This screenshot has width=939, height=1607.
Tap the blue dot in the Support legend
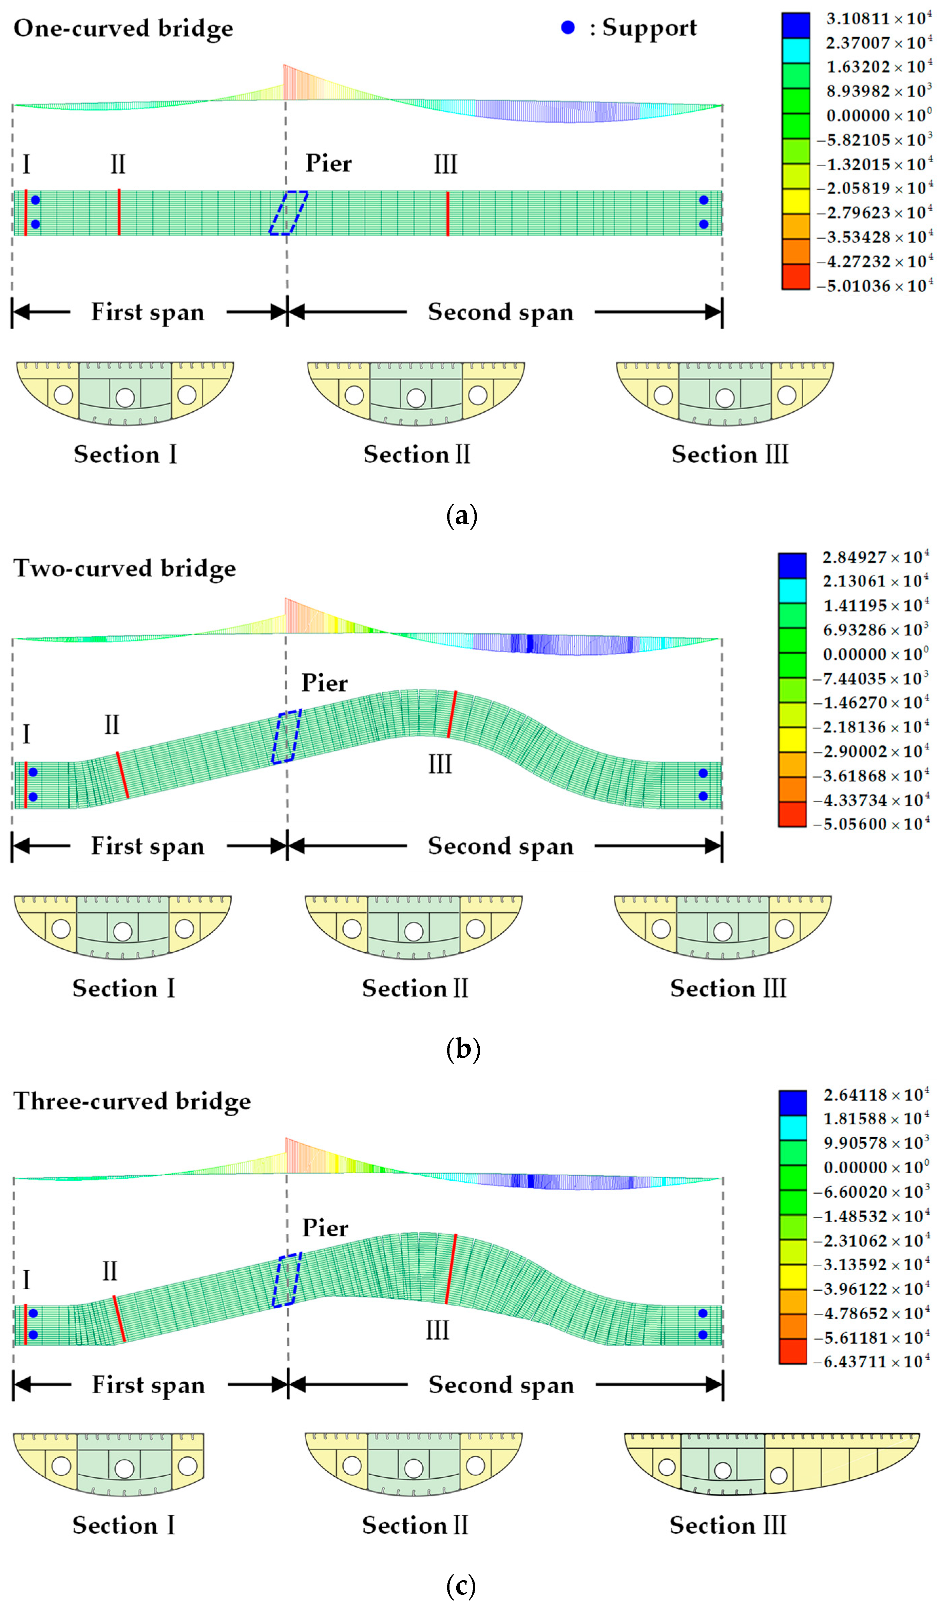pyautogui.click(x=567, y=27)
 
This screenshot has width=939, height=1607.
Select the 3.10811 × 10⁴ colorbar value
pyautogui.click(x=878, y=18)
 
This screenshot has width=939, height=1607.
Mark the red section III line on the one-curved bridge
pyautogui.click(x=447, y=213)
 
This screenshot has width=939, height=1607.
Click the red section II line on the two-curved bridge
pyautogui.click(x=122, y=775)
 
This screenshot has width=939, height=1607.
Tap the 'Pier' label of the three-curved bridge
pyautogui.click(x=325, y=1228)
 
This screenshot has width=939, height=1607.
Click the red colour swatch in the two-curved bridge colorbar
pyautogui.click(x=792, y=814)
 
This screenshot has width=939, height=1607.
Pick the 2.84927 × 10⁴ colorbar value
pyautogui.click(x=875, y=557)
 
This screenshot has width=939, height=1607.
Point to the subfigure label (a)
pyautogui.click(x=462, y=515)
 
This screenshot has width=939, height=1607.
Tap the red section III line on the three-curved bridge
pyautogui.click(x=451, y=1269)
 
